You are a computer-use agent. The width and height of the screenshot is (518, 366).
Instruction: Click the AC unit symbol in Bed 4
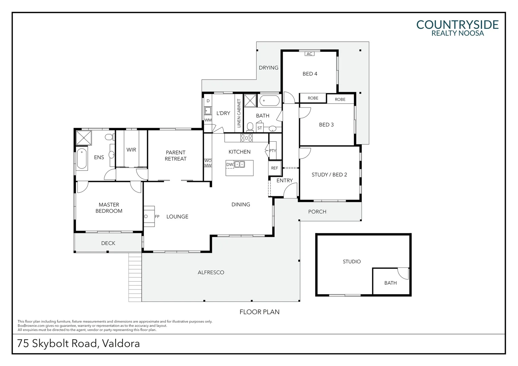pyautogui.click(x=309, y=54)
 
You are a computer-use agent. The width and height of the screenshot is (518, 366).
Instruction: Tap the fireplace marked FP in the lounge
pyautogui.click(x=150, y=216)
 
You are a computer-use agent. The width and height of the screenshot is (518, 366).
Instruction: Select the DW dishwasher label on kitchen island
pyautogui.click(x=230, y=165)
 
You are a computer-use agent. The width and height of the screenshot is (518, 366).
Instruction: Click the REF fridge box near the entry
pyautogui.click(x=275, y=168)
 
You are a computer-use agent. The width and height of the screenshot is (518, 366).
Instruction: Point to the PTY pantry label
pyautogui.click(x=273, y=151)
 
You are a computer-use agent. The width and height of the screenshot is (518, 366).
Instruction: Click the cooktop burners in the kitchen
pyautogui.click(x=246, y=138)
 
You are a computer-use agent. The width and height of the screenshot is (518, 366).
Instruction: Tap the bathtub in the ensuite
pyautogui.click(x=82, y=159)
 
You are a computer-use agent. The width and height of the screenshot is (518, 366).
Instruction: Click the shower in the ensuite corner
pyautogui.click(x=83, y=138)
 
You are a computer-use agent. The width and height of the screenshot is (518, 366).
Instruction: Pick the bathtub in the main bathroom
pyautogui.click(x=270, y=101)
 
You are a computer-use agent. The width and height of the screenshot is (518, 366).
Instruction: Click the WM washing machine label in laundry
pyautogui.click(x=208, y=120)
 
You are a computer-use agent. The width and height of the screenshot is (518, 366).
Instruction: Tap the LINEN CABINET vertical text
pyautogui.click(x=239, y=113)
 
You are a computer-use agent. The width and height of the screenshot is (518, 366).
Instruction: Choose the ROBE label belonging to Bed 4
pyautogui.click(x=313, y=98)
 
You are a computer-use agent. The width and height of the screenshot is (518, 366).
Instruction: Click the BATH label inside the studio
pyautogui.click(x=390, y=283)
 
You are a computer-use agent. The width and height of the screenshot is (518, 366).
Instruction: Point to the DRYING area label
pyautogui.click(x=268, y=68)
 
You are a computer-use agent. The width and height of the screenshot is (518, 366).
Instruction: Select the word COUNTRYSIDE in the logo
pyautogui.click(x=457, y=25)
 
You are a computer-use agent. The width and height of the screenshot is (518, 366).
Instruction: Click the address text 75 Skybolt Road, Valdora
pyautogui.click(x=78, y=344)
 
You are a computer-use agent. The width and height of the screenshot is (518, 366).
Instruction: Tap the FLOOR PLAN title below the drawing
pyautogui.click(x=259, y=312)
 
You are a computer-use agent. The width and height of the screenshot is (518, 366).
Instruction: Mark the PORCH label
pyautogui.click(x=317, y=212)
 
